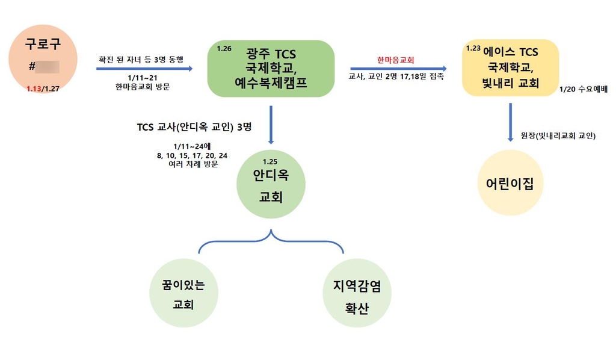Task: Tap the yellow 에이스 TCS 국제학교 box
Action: coord(510,68)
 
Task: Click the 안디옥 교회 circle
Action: coord(270,184)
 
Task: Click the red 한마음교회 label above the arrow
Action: coord(396,60)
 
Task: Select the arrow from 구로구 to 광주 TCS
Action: coord(144,69)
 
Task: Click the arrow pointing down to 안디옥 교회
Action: coord(271,125)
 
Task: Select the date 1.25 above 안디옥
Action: coord(271,161)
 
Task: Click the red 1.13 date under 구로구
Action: coord(35,88)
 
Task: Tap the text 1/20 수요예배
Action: coord(583,89)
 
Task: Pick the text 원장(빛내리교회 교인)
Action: coord(558,135)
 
